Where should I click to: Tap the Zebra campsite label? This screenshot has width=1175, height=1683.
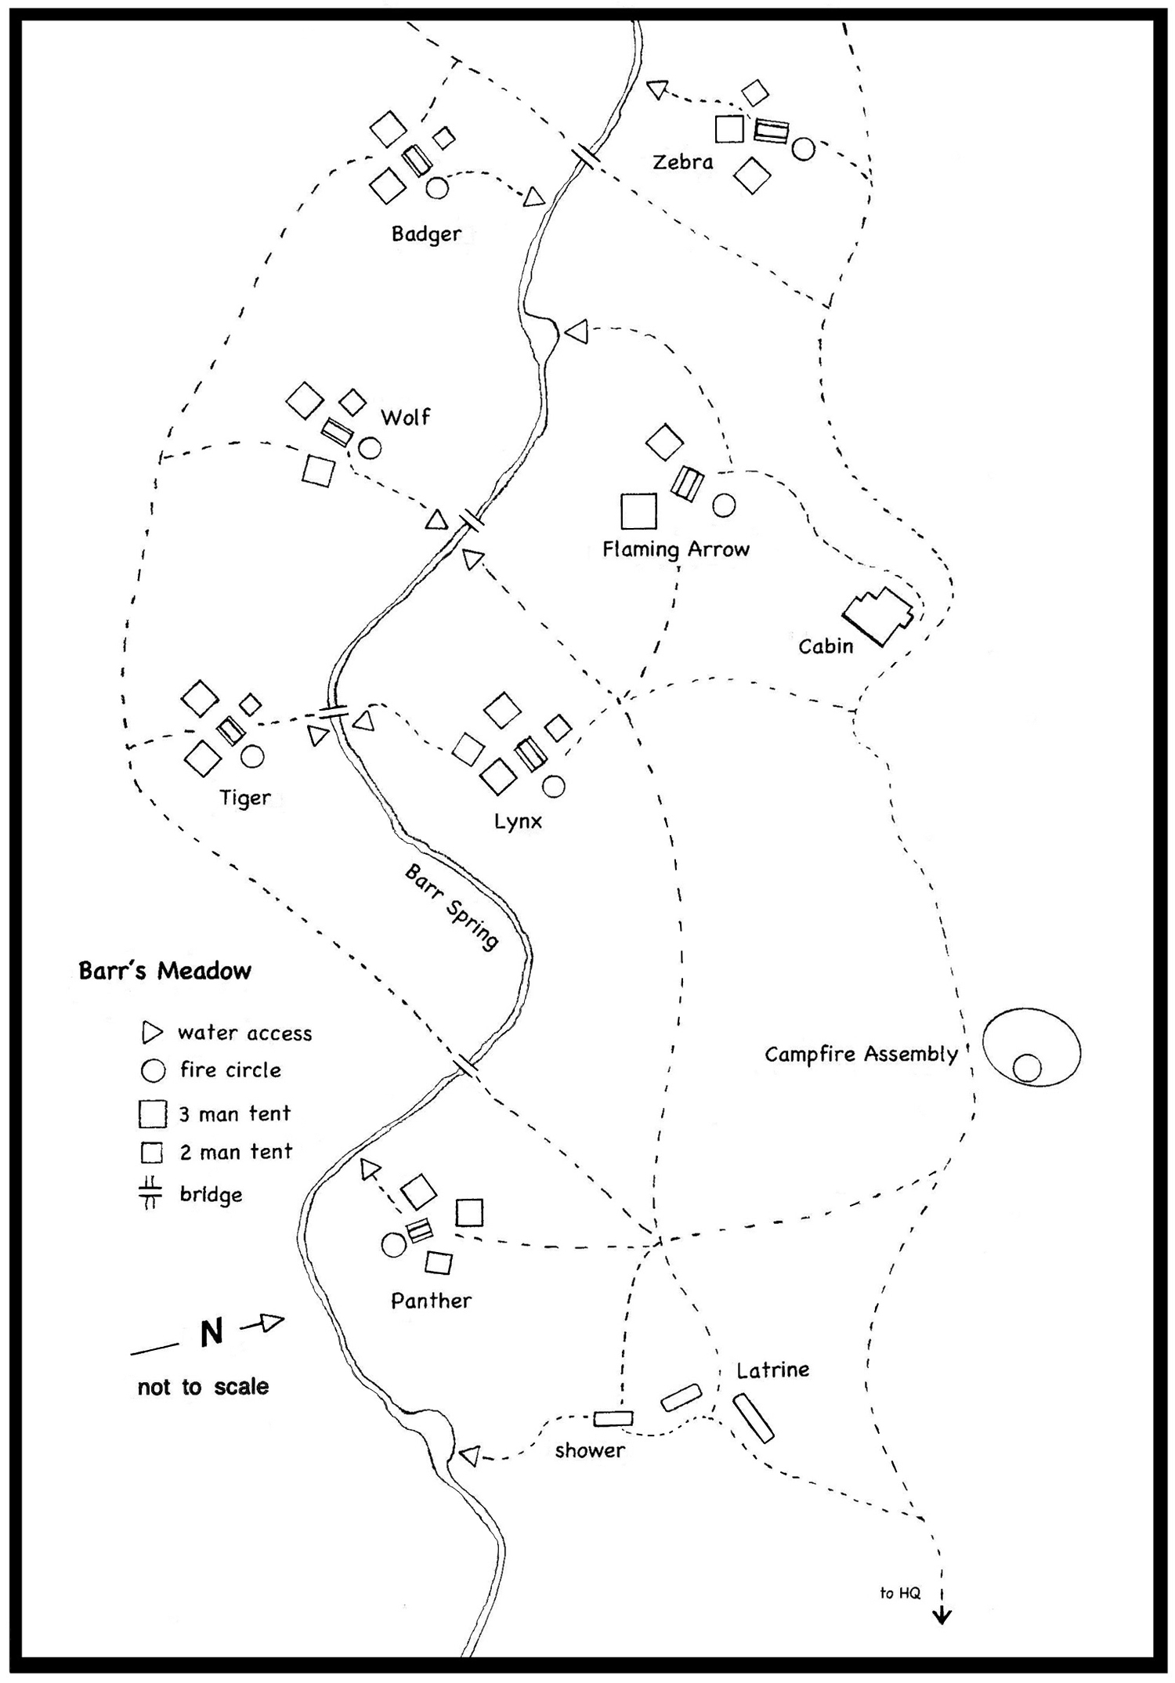coord(683,162)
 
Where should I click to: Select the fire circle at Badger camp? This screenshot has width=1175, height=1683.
coord(437,188)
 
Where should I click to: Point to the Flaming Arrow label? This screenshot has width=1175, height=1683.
coord(676,549)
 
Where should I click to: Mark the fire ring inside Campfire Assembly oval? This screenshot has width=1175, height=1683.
coord(1027,1068)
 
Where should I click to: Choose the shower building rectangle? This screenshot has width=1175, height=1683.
coord(613,1418)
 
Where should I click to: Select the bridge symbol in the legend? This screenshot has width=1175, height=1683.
coord(150,1194)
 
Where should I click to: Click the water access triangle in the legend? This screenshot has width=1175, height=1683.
coord(151,1033)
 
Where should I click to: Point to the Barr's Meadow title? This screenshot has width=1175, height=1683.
coord(164,971)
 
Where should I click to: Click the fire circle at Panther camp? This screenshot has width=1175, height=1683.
coord(393,1244)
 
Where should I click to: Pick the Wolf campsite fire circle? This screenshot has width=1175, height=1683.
coord(370,448)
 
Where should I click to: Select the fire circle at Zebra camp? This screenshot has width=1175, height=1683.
coord(803,149)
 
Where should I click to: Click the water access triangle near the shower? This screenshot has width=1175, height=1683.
coord(469,1456)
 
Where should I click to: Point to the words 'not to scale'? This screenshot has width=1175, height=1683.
coord(203,1387)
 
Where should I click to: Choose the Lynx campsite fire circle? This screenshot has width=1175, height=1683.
coord(554,786)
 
